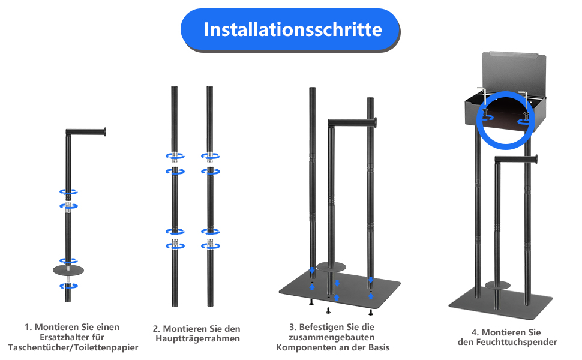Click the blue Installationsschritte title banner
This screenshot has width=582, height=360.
tap(290, 29)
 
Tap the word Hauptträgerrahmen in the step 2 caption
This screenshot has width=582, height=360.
tap(197, 339)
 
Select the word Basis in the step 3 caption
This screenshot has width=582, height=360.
tap(379, 348)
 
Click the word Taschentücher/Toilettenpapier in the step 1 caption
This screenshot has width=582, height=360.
tap(73, 348)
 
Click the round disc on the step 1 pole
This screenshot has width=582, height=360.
tap(68, 270)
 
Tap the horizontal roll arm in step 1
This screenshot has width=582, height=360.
tap(86, 132)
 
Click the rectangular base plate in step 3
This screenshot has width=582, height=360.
tap(340, 288)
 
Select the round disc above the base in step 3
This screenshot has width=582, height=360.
tap(331, 267)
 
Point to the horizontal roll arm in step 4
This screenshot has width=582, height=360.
tap(517, 159)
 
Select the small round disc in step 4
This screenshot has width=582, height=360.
tap(498, 285)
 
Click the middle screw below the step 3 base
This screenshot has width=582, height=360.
tap(328, 310)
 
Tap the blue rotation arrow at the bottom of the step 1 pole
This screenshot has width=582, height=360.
tap(68, 286)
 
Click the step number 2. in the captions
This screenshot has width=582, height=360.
tap(157, 329)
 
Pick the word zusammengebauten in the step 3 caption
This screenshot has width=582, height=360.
tap(331, 337)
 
